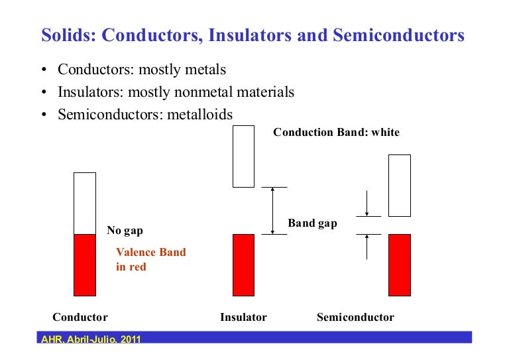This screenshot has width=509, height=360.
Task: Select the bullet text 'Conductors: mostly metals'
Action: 142,70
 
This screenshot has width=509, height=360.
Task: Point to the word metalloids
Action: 199,115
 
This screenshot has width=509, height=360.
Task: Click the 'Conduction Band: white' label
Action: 336,132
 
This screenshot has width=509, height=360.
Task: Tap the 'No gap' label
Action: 125,231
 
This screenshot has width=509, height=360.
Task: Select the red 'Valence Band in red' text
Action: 150,259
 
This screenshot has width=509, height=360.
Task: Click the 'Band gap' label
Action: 312,223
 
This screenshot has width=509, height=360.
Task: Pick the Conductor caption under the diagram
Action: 80,317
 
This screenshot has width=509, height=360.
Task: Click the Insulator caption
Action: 243,317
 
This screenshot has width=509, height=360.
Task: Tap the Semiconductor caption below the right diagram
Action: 355,317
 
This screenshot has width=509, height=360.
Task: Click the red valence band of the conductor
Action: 84,265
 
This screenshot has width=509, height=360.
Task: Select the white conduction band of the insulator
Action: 243,156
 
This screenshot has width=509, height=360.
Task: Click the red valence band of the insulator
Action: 243,265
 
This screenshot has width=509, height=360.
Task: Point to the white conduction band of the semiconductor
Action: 399,185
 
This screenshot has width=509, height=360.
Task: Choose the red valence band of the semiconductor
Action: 399,265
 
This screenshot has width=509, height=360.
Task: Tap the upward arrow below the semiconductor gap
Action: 367,247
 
